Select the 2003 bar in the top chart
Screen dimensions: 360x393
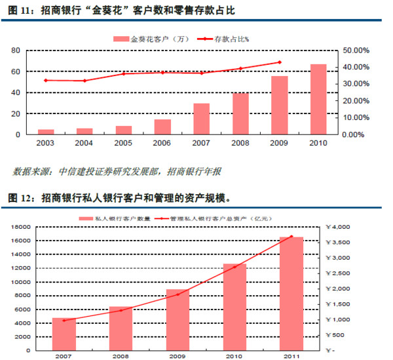point(46,131)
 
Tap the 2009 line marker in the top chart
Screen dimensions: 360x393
point(280,62)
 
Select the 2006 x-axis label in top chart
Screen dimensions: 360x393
point(162,143)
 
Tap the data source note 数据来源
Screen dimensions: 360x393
point(117,172)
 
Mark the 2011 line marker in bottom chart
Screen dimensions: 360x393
point(291,236)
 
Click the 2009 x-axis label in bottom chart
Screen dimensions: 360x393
point(177,357)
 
